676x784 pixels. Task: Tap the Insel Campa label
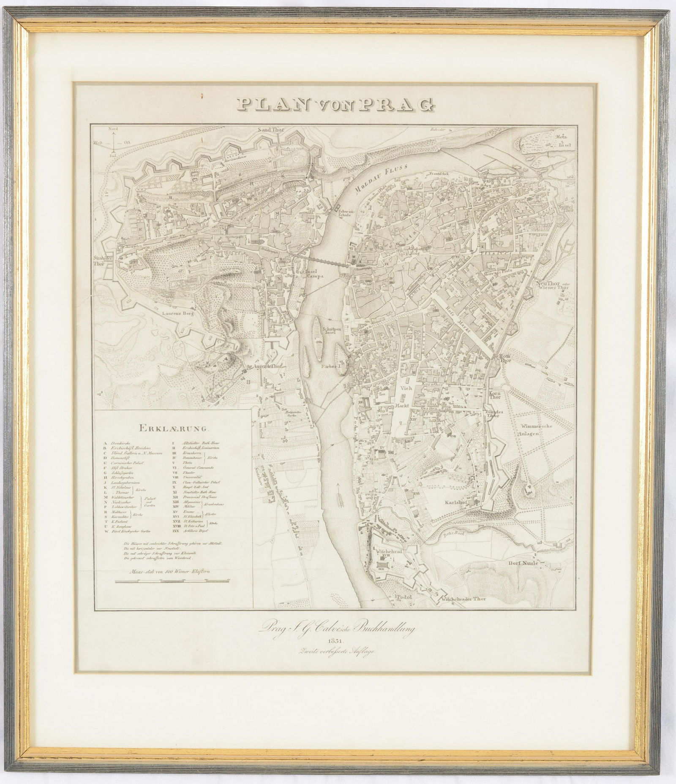point(314,274)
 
